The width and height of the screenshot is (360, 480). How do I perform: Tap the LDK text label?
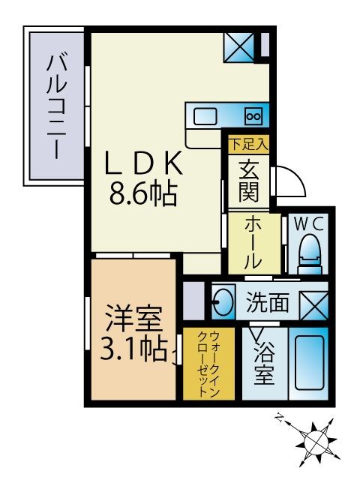click(x=142, y=163)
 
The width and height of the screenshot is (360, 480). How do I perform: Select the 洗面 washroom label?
click(x=268, y=303)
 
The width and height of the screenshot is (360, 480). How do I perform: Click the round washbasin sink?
click(x=222, y=304)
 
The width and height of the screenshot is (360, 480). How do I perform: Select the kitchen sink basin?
click(x=205, y=116)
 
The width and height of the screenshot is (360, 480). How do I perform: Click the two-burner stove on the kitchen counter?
click(x=253, y=116)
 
